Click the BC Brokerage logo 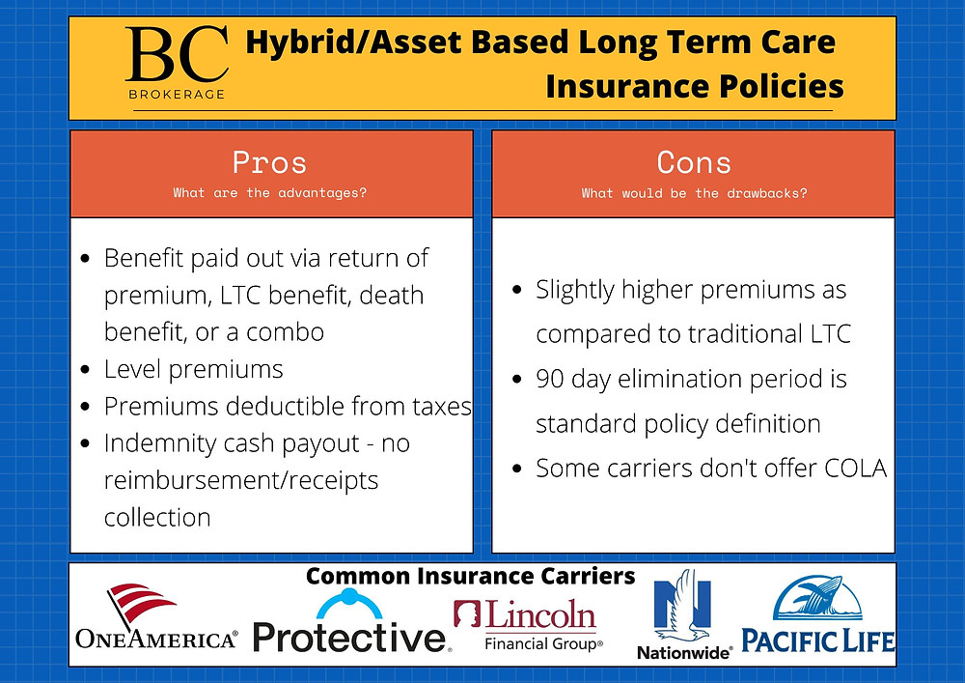[178, 62]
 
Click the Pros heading [269, 162]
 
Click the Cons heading [694, 162]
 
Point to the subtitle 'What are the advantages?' [269, 193]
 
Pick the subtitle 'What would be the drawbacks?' [694, 193]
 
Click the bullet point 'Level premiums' [193, 370]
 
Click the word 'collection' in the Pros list [157, 518]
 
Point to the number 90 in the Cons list [550, 379]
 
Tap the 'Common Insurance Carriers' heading [470, 577]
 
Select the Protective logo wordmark [350, 638]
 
